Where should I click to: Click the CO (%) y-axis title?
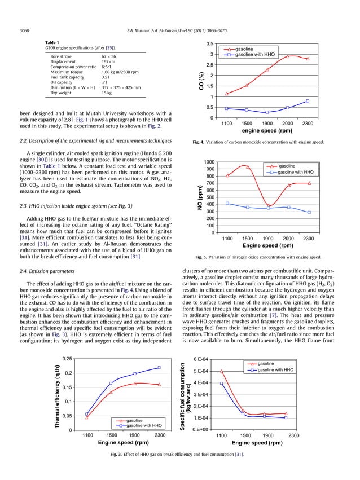(x=200, y=81)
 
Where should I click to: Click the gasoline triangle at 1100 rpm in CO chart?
(x=227, y=94)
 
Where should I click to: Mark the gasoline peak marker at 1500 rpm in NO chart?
(x=247, y=166)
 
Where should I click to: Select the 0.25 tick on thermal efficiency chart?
(x=67, y=359)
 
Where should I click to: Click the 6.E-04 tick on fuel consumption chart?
(x=201, y=359)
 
